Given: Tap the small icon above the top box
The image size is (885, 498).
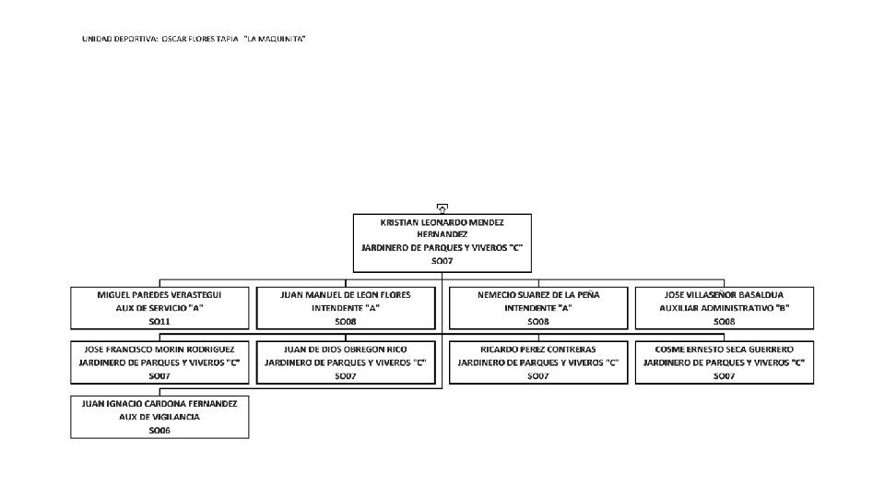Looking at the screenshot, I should point(442,208).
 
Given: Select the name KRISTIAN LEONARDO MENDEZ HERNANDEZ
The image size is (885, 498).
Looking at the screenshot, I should point(442,228).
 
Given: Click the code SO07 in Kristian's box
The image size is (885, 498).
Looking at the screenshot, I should point(442,261).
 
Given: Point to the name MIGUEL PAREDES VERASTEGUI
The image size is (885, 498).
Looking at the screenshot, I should point(159,294).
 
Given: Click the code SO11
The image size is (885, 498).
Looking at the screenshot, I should point(159,321).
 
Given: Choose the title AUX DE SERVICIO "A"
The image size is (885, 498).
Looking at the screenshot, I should point(159,307).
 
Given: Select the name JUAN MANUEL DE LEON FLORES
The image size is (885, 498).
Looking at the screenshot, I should point(346,294).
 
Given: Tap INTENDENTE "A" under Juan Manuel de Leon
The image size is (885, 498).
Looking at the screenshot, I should point(346,307).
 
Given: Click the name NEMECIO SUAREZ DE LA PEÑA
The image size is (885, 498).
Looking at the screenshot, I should point(538,294).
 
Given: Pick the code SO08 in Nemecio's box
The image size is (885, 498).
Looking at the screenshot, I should point(538,321).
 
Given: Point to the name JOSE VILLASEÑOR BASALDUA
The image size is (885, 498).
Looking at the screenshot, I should point(725,294).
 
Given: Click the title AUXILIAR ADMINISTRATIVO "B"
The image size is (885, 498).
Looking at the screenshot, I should point(725,307).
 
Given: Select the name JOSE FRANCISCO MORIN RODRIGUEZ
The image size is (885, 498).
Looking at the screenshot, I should point(159,350).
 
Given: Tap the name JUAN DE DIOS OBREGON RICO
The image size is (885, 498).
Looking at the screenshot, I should point(346,350).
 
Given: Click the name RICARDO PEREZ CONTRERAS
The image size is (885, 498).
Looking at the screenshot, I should point(538,350).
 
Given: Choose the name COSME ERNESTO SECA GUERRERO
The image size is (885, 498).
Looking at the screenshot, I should point(725,350).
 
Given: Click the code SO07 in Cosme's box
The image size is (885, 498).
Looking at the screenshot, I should point(725,376).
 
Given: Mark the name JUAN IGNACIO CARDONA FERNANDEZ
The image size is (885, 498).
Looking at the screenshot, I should point(159,403).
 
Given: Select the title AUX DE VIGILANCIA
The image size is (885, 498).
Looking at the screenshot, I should point(159,417).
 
